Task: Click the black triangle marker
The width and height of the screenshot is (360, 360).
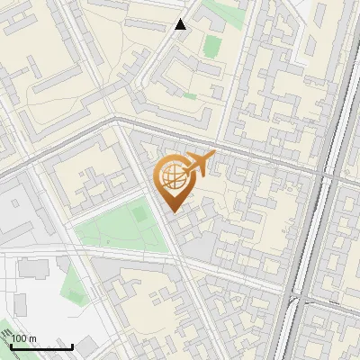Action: pyautogui.click(x=181, y=24)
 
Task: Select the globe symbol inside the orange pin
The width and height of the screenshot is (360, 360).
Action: pyautogui.click(x=171, y=175)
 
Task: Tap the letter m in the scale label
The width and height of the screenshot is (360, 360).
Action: pyautogui.click(x=33, y=338)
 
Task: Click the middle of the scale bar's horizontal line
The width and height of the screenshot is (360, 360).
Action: pyautogui.click(x=41, y=347)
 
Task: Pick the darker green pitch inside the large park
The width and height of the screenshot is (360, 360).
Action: pyautogui.click(x=139, y=215)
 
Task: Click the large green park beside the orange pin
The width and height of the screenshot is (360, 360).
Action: pyautogui.click(x=112, y=229)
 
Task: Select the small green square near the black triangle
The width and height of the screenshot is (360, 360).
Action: pyautogui.click(x=212, y=45)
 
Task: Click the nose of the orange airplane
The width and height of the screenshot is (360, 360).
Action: pyautogui.click(x=214, y=155)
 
